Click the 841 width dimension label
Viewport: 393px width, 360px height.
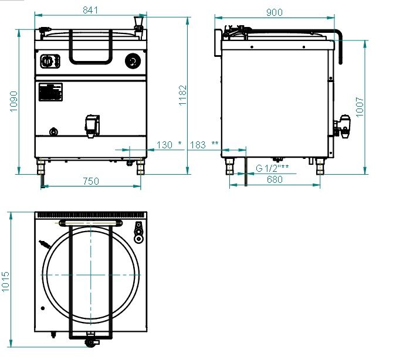point(90,10)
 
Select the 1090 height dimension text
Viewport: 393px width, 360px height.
point(14,101)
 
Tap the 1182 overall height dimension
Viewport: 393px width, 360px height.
point(183,96)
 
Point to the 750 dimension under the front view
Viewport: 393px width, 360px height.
point(91,181)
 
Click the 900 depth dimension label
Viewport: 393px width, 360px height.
point(274,12)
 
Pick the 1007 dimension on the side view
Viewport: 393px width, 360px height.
point(360,107)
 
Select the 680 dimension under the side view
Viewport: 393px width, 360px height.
point(275,179)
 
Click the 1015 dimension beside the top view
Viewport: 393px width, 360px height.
point(5,281)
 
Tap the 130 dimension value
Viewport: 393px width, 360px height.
point(164,145)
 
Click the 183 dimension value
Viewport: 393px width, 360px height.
point(198,145)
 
